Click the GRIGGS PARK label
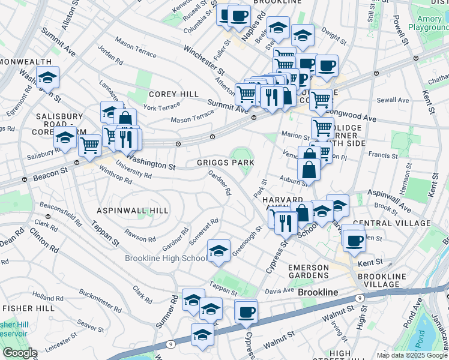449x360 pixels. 226,163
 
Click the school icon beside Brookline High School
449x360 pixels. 218,251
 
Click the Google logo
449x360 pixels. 20,353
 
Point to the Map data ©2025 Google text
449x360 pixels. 412,355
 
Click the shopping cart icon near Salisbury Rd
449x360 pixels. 89,145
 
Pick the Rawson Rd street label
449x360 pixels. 140,236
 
